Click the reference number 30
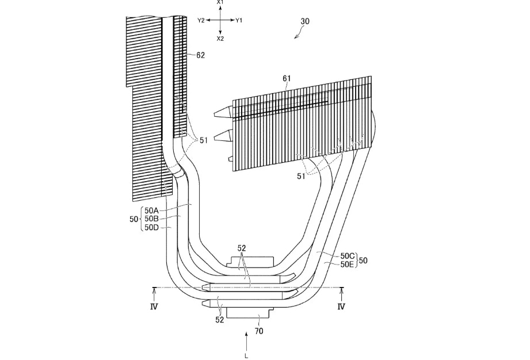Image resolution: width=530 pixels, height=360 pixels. coord(304,21)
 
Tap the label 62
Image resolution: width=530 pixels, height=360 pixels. coord(200,55)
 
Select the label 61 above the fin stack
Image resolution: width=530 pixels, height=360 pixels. coord(287,78)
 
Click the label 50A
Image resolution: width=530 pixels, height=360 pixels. coord(152,210)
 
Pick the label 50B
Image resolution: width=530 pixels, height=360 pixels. coord(152,219)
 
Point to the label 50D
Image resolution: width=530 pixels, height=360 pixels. coord(152,227)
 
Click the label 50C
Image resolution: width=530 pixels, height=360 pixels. coord(347,256)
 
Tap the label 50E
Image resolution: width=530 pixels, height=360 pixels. coord(347,265)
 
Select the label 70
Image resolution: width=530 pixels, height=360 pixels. coord(258,331)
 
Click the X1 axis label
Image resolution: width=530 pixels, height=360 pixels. coord(220,2)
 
